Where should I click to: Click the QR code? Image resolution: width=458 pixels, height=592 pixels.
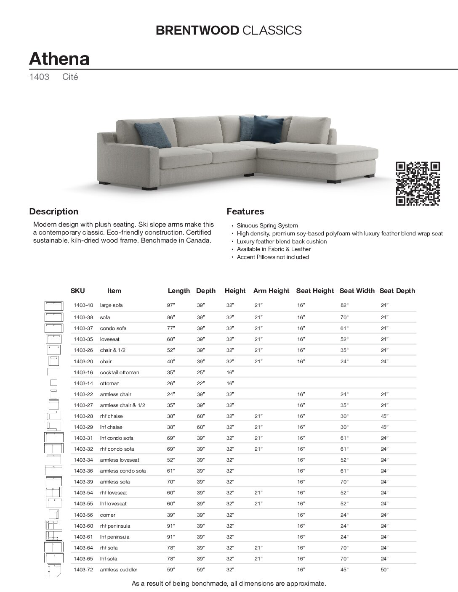[x=418, y=184]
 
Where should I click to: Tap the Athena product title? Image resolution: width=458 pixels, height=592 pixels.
[x=59, y=58]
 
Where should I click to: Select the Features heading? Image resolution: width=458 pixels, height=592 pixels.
[x=245, y=211]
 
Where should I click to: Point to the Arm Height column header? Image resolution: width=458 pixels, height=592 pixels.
[x=271, y=291]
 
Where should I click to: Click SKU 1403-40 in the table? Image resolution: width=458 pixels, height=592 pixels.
[x=83, y=305]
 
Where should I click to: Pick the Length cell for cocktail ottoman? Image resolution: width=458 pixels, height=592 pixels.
[x=170, y=373]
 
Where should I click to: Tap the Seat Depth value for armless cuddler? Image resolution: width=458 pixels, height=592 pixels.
[x=384, y=570]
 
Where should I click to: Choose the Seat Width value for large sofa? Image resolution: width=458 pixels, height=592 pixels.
[x=345, y=305]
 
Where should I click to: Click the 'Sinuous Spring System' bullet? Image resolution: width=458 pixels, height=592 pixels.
[x=267, y=226]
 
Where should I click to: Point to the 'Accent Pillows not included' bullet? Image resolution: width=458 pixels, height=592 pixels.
[x=272, y=257]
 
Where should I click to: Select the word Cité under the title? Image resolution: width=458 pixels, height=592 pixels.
[x=70, y=77]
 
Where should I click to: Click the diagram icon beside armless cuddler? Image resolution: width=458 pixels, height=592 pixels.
[x=53, y=570]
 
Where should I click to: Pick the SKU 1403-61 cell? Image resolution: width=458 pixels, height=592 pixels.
[x=83, y=537]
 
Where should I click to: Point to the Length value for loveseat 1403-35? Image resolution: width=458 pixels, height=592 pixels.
[x=170, y=339]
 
